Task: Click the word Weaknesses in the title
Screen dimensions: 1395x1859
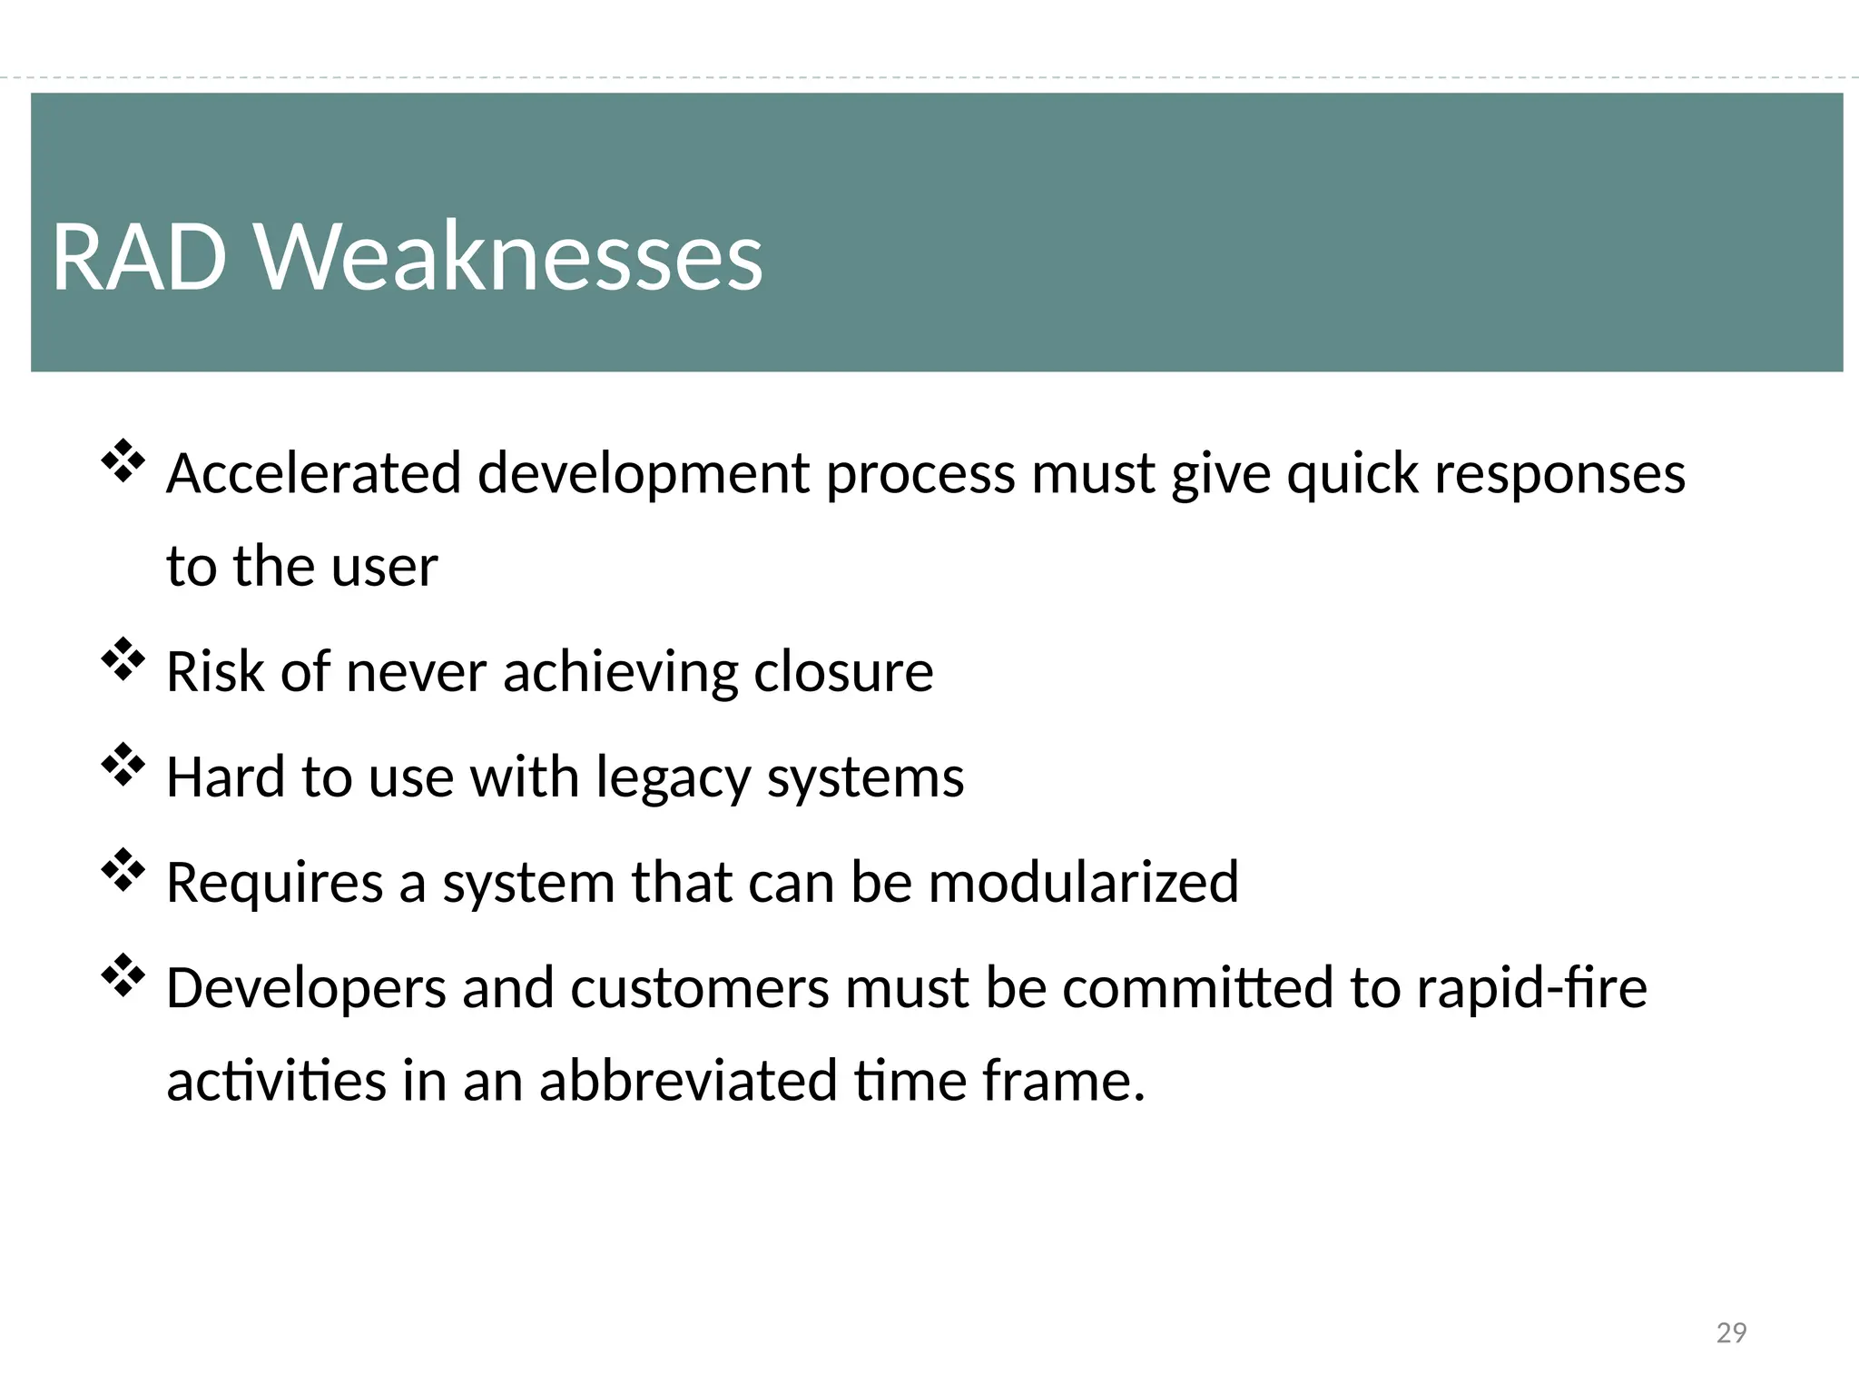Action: (x=508, y=258)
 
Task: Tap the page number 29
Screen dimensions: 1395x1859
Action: (x=1731, y=1332)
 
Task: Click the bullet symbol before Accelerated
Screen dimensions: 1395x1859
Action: (x=123, y=460)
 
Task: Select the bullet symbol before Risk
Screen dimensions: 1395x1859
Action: (x=123, y=659)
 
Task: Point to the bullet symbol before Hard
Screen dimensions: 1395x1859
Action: (x=123, y=765)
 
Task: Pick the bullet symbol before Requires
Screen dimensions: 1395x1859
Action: (x=123, y=870)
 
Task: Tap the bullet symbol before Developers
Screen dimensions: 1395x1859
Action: (x=123, y=975)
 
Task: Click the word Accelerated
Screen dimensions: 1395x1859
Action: (x=313, y=474)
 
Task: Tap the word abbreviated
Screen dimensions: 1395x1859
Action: (x=688, y=1082)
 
